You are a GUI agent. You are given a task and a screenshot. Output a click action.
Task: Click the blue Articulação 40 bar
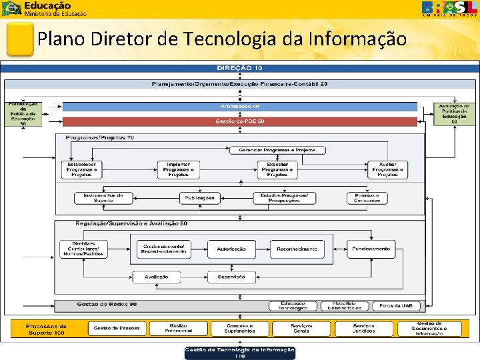[239, 107]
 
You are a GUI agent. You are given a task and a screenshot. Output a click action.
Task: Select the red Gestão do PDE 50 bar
[239, 121]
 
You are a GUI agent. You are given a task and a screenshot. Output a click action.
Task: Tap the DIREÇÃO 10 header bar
[239, 68]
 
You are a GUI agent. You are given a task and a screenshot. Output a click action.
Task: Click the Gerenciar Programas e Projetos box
[277, 150]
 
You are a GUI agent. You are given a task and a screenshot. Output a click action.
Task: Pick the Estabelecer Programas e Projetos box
[82, 170]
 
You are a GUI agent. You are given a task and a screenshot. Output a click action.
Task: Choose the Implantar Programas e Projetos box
[178, 170]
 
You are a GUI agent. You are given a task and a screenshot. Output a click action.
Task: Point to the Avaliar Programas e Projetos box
[387, 170]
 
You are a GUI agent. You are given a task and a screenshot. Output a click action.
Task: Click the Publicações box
[200, 198]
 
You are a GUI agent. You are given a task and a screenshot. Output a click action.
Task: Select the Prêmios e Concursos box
[367, 198]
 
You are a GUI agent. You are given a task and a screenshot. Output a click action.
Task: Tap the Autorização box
[231, 249]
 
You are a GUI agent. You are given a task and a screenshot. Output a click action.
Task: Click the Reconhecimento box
[297, 249]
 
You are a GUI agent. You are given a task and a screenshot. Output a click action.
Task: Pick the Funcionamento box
[371, 249]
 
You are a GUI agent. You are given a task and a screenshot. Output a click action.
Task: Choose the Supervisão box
[231, 277]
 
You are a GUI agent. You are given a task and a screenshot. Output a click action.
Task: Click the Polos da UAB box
[396, 305]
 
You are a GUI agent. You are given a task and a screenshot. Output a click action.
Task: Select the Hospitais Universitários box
[344, 305]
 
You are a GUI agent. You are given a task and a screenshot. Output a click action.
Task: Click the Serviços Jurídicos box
[364, 329]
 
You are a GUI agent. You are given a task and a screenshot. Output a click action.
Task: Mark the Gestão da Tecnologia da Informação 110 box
[239, 353]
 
